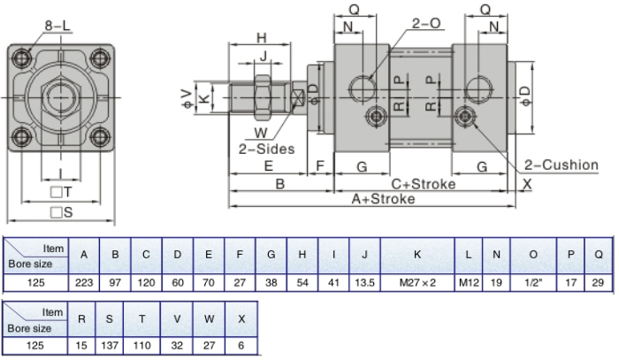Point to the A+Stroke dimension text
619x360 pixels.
[x=384, y=199]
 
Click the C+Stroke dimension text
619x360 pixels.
[x=424, y=184]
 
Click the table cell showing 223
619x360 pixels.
[x=84, y=282]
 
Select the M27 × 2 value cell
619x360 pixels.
[x=417, y=282]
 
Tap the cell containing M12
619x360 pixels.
[x=468, y=282]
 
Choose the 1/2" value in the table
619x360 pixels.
[x=533, y=282]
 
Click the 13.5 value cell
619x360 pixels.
[x=364, y=282]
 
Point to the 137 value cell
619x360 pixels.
[x=109, y=345]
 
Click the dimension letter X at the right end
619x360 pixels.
[x=527, y=184]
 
